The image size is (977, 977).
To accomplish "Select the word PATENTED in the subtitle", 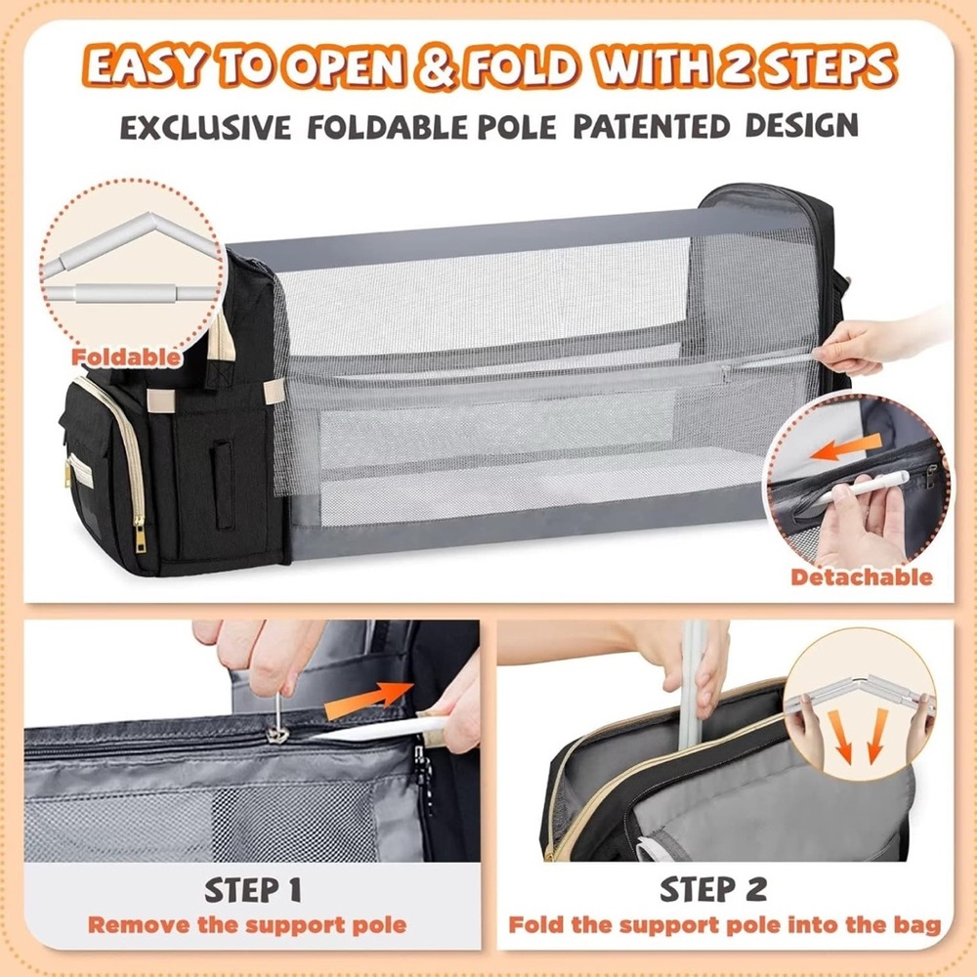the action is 651,126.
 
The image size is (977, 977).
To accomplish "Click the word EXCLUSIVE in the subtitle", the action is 205,127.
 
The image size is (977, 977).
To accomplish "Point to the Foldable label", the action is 126,357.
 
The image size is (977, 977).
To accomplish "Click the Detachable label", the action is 862,577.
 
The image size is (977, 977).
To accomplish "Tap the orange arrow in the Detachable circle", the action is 845,448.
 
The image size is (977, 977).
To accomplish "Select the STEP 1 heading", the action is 253,889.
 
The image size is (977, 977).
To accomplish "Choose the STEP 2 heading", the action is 713,889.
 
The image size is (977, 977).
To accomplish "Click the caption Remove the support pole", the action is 247,924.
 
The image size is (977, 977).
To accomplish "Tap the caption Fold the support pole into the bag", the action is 725,924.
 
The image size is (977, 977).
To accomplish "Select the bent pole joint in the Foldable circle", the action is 149,223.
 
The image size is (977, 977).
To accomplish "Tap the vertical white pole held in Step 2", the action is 694,686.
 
